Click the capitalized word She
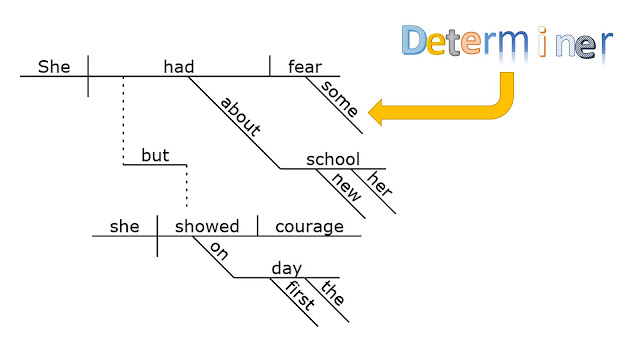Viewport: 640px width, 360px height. pos(54,67)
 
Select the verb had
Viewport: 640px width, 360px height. pos(178,67)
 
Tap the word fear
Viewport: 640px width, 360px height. pos(305,67)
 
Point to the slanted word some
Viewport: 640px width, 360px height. pos(339,98)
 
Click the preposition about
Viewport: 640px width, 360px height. pos(240,116)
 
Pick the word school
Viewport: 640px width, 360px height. pos(333,159)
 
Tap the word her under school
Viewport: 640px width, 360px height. pos(380,183)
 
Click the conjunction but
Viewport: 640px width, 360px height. pos(155,155)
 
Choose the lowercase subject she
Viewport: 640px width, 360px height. pos(124,226)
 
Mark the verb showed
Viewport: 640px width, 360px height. pos(207,226)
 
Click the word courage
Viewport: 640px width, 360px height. pos(309,227)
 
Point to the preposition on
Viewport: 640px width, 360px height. pos(219,251)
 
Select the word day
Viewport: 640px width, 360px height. pos(287,269)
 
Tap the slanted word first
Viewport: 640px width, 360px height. pos(300,295)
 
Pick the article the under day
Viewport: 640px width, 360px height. pos(333,292)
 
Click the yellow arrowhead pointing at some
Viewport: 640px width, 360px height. pos(376,112)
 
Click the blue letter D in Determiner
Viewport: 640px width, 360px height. pos(414,40)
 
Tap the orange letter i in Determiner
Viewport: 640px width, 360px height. pos(542,41)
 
